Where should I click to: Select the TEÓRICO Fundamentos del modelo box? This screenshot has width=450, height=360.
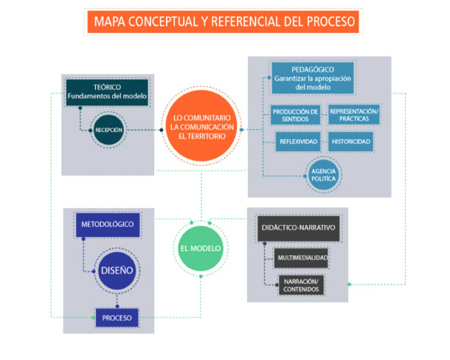[x=103, y=91]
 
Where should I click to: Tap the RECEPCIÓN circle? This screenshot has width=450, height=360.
[x=108, y=129]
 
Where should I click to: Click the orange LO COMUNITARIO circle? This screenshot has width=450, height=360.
[x=201, y=128]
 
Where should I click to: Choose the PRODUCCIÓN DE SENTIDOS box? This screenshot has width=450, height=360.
[x=294, y=115]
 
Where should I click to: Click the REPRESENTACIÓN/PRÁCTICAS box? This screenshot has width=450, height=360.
[x=354, y=115]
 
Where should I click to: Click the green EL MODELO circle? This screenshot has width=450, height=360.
[x=201, y=248]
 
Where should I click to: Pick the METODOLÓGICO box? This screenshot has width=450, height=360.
[x=108, y=224]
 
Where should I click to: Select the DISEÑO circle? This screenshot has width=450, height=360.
[x=117, y=270]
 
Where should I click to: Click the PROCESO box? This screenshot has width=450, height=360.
[x=118, y=317]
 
